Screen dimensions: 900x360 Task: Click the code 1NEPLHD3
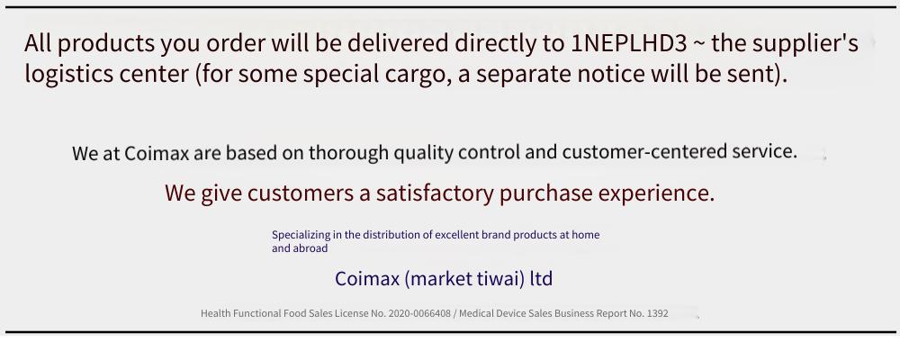point(629,43)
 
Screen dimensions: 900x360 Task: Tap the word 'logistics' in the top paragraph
point(66,75)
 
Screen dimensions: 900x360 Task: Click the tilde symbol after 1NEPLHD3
point(699,43)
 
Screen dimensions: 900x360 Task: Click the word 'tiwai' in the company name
point(493,278)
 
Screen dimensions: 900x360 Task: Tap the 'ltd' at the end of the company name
point(541,278)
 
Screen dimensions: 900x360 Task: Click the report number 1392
point(658,313)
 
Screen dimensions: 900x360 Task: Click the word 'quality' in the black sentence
point(424,153)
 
